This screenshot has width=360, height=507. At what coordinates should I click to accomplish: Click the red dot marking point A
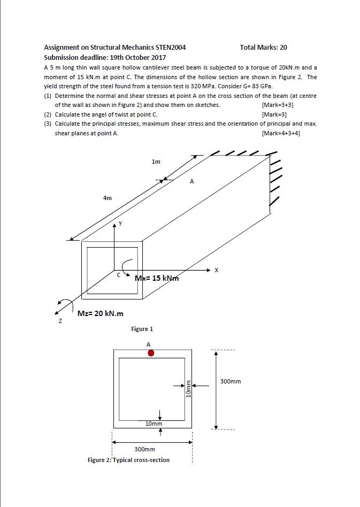[151, 353]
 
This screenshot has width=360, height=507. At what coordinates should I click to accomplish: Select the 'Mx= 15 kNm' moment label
[156, 278]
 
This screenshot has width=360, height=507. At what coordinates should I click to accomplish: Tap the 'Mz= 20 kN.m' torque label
[101, 313]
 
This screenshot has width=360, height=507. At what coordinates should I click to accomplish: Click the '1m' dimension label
[156, 161]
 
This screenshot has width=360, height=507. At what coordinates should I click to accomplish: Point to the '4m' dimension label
[108, 198]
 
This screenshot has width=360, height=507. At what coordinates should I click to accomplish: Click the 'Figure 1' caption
[142, 329]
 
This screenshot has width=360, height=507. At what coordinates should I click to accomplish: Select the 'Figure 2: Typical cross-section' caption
[128, 460]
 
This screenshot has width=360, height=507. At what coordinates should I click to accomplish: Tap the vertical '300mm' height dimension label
[231, 381]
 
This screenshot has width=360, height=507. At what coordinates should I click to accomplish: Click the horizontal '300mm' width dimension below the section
[144, 450]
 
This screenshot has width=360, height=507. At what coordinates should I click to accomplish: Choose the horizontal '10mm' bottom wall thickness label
[154, 424]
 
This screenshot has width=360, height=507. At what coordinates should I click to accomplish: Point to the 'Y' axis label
[120, 224]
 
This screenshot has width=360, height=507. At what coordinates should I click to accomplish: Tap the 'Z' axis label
[60, 321]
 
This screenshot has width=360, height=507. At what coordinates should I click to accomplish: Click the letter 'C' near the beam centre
[119, 275]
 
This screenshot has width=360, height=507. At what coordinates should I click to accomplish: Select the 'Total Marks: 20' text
[263, 48]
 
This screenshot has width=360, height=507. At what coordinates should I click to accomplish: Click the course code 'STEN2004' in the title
[168, 48]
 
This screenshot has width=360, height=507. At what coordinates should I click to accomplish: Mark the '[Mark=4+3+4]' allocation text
[281, 133]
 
